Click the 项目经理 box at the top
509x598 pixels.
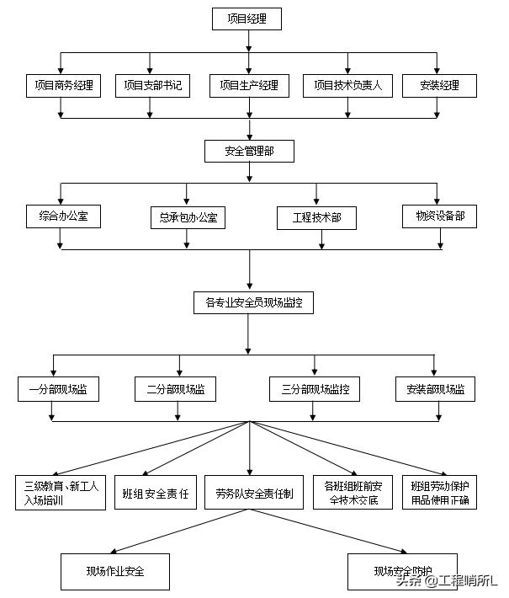247,19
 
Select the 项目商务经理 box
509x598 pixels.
62,85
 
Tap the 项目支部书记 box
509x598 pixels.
152,85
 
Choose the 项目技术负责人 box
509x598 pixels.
347,85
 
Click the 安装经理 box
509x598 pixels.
437,85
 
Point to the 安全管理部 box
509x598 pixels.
248,152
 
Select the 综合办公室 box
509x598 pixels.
63,216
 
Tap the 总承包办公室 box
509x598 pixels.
188,218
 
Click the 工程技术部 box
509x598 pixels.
316,218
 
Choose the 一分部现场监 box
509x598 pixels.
58,390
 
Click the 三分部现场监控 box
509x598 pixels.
315,390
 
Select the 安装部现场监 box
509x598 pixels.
435,390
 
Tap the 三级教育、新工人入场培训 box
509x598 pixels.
61,494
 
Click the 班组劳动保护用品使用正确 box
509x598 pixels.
440,494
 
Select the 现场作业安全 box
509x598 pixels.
115,571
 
